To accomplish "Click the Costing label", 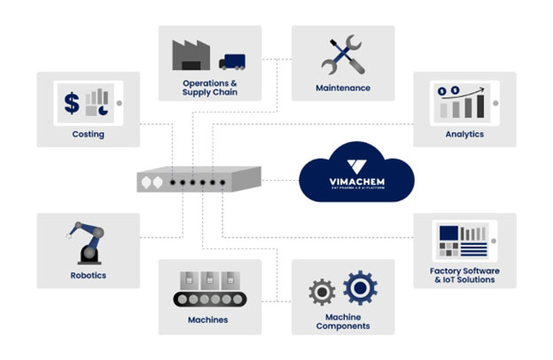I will (x=88, y=135).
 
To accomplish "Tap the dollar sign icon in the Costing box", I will (x=71, y=104).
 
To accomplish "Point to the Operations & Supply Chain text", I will (x=209, y=88).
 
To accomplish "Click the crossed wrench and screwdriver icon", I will (x=342, y=54).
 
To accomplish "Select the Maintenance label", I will (x=342, y=88).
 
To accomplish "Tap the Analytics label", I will (x=463, y=135).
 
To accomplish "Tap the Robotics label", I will (x=88, y=275).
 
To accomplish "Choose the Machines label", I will (x=209, y=319).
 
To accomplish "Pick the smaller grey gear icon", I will (x=322, y=292).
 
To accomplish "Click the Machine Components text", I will (x=342, y=321).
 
